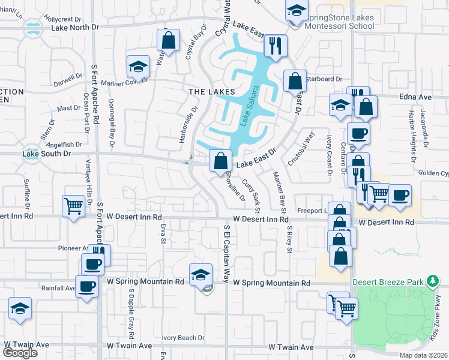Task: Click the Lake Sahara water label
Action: tap(249, 106)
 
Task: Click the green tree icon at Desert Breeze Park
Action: tap(431, 280)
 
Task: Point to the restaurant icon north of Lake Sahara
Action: tap(276, 46)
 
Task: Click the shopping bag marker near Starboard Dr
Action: tap(295, 81)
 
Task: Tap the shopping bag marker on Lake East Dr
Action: tap(220, 160)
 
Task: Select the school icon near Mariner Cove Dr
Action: tap(138, 67)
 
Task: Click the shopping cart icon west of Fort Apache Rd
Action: tap(74, 206)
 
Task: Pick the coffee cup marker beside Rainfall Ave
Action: tap(86, 287)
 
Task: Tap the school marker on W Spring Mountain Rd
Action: tap(201, 275)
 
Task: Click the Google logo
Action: tap(20, 353)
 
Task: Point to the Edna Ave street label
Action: tap(415, 97)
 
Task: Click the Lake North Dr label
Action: tap(75, 27)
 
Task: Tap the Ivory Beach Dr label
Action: tap(183, 338)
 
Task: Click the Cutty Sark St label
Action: tap(250, 193)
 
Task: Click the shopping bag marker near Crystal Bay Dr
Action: tap(169, 41)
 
